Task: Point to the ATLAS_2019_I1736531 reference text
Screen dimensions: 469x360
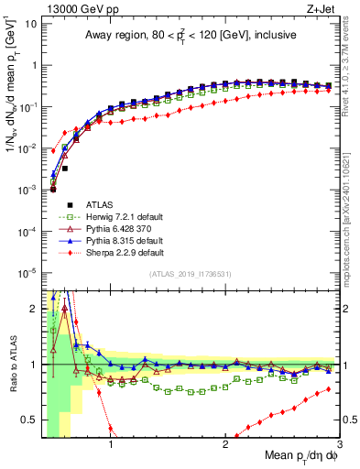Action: pos(190,274)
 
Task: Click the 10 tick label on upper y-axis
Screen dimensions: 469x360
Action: pos(30,23)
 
